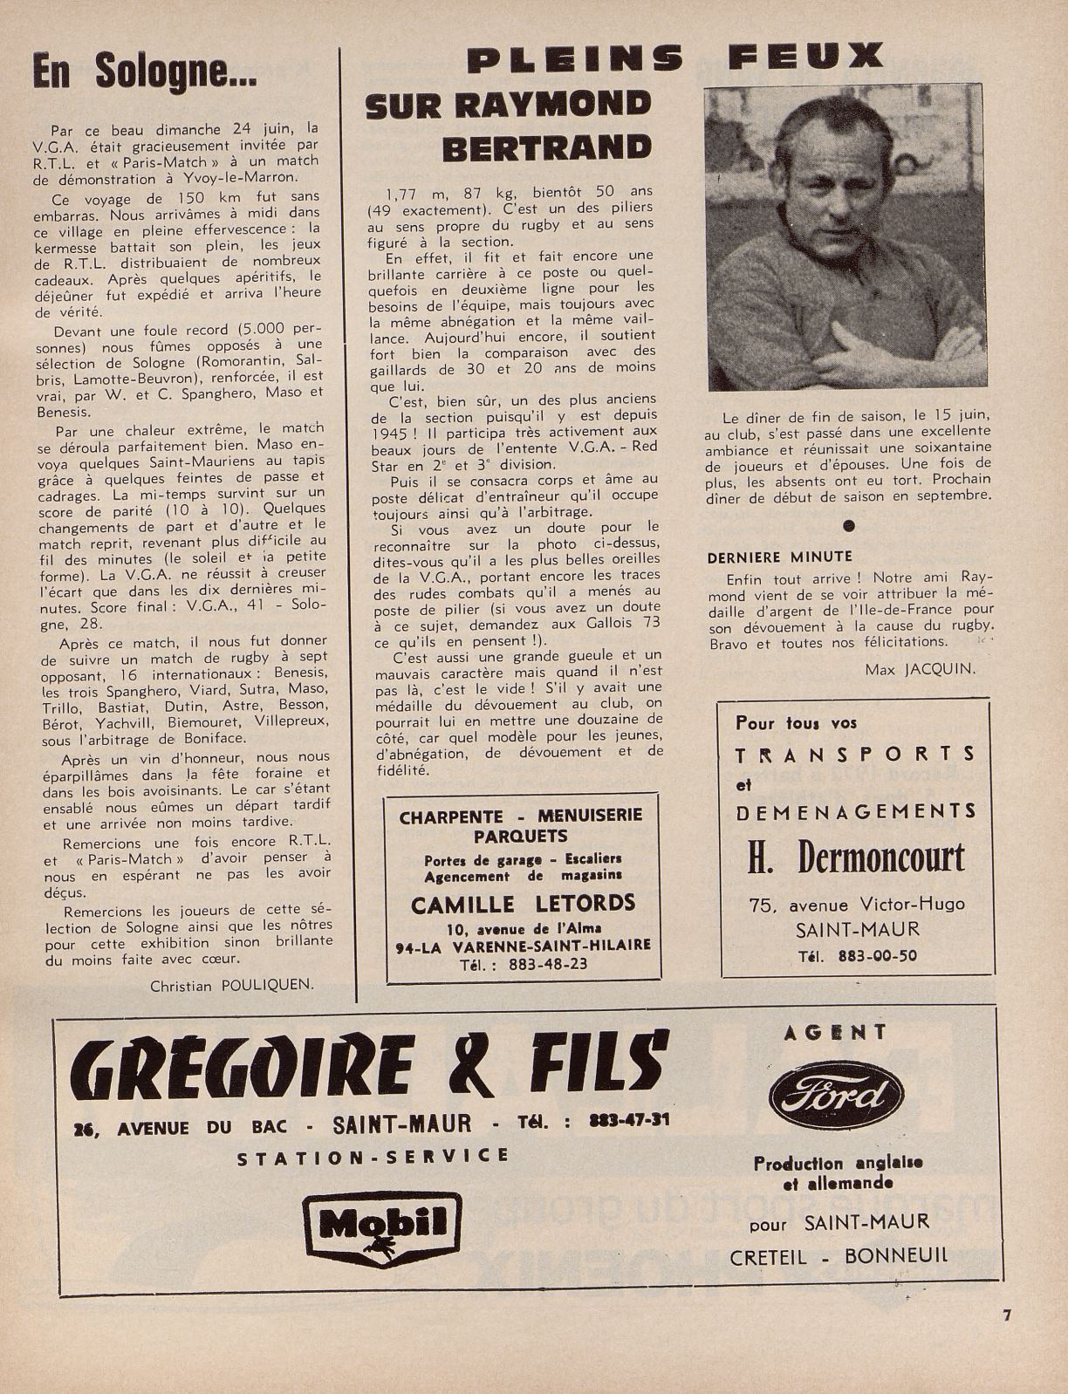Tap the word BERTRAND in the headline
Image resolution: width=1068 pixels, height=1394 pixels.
click(546, 147)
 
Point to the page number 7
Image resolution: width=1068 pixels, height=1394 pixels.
click(1006, 1316)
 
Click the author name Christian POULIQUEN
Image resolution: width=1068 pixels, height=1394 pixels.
click(232, 985)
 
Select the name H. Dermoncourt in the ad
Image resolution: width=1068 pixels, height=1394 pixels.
click(855, 858)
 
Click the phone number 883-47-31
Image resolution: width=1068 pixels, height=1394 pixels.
click(629, 1119)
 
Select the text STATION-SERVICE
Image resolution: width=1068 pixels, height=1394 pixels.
click(373, 1157)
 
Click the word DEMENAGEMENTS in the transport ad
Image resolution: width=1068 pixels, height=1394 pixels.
click(856, 812)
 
